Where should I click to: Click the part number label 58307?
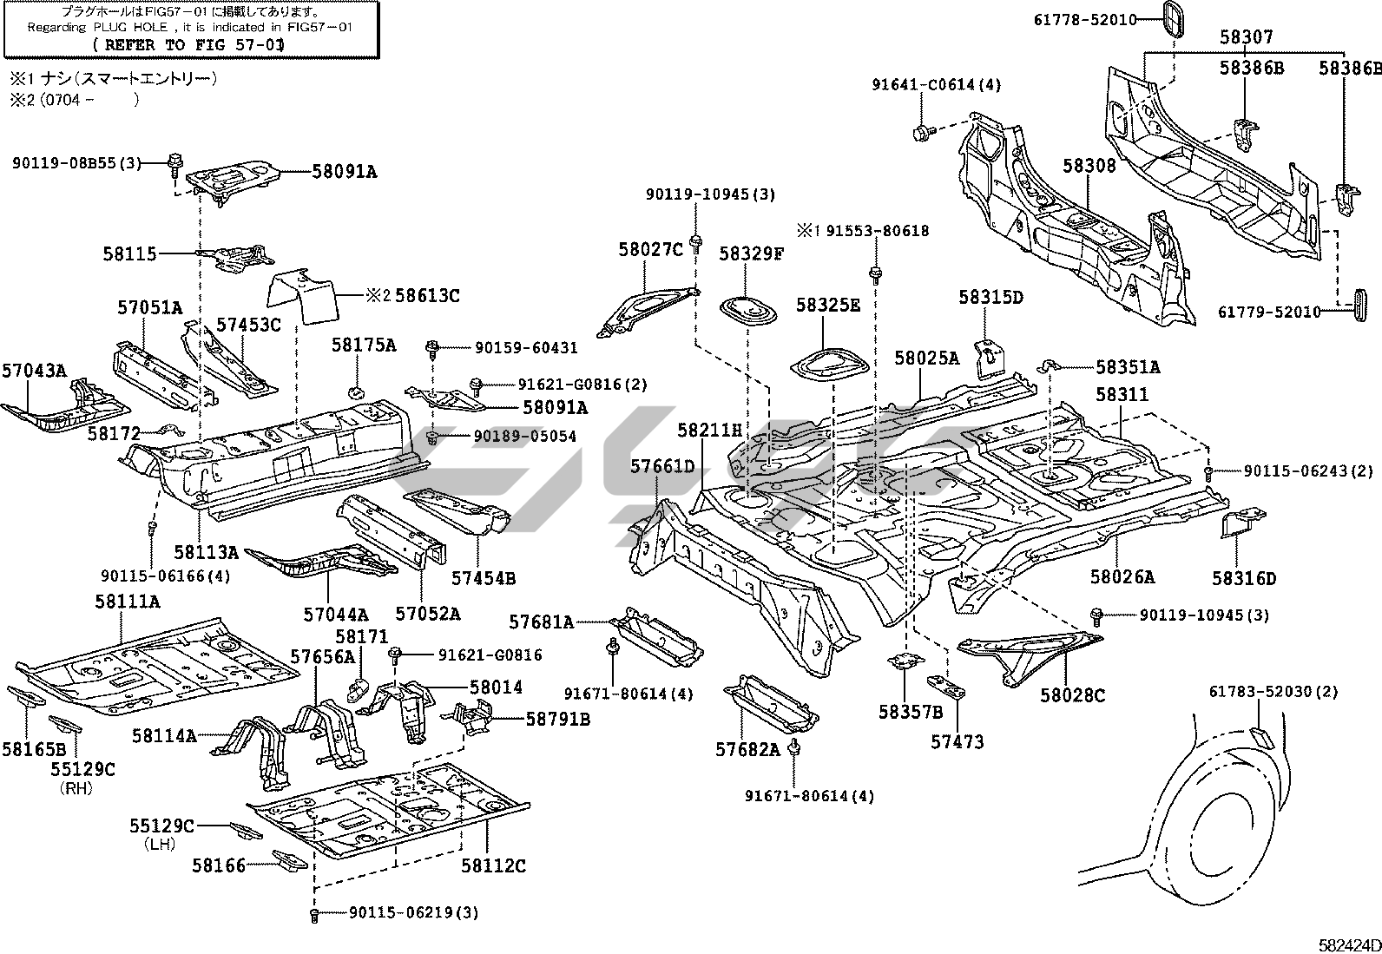[1246, 37]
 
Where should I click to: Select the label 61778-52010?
[1084, 19]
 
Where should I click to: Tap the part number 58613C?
[425, 295]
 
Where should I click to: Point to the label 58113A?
[206, 551]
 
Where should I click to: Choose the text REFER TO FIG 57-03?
[190, 43]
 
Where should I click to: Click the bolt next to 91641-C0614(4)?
[922, 133]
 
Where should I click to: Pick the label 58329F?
[752, 253]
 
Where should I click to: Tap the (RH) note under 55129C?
[76, 788]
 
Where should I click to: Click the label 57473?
[958, 741]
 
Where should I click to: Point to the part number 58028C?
[1073, 694]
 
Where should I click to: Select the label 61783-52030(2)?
[1274, 692]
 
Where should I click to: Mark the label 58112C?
[493, 865]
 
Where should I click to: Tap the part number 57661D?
[662, 466]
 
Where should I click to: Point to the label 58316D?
[1244, 578]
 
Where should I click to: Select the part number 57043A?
[33, 371]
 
